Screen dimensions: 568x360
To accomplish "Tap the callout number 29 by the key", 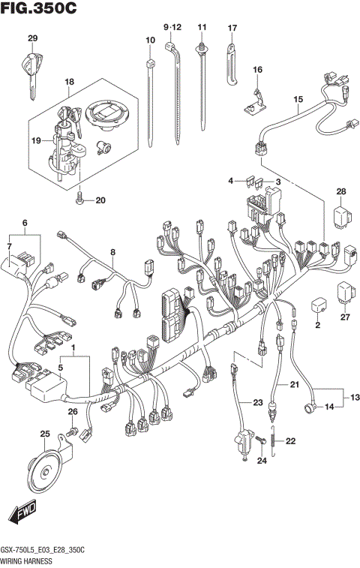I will coord(32,38).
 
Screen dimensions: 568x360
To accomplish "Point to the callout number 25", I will coord(44,434).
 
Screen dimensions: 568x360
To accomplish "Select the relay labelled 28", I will coord(341,217).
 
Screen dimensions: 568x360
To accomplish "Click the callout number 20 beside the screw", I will coord(100,200).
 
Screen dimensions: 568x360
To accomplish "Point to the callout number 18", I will coord(69,81).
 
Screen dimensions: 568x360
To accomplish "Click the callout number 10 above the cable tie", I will coord(150,39).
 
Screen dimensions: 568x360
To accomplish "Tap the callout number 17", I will coord(232,28).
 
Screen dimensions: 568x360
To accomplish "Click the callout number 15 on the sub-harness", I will coord(298,99).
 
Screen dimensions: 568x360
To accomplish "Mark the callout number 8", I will coord(113,253).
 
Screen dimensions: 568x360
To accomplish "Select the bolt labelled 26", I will coord(73,433).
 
